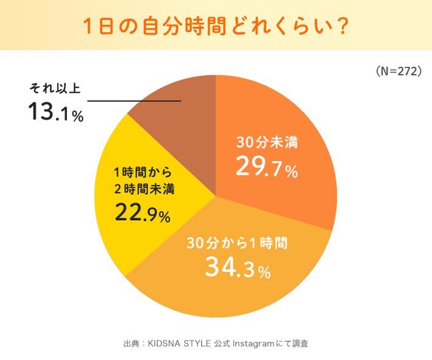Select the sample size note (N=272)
(x=399, y=71)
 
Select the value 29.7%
(x=267, y=168)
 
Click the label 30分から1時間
(x=236, y=243)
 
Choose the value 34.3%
(x=237, y=268)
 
